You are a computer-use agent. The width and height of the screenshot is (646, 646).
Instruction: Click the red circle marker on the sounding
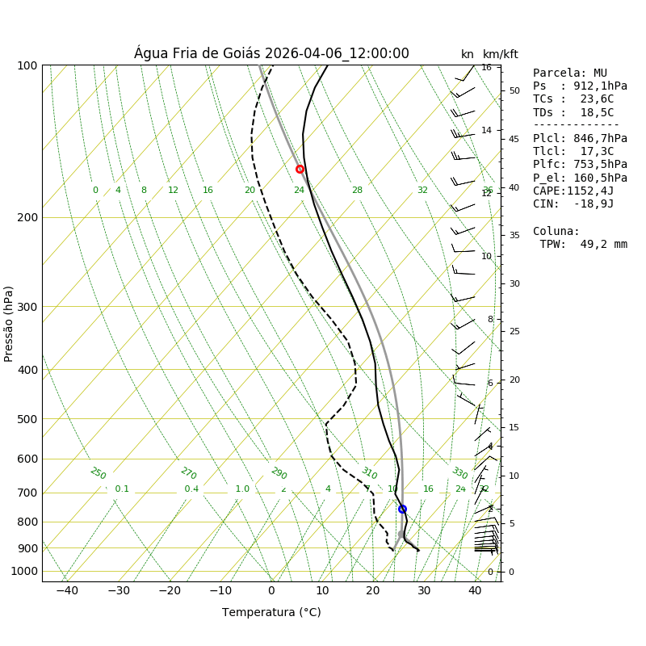[x=300, y=169]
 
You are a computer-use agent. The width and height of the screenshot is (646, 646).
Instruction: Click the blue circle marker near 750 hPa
[x=402, y=509]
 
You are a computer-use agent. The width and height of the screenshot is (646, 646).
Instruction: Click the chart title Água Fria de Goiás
[x=271, y=53]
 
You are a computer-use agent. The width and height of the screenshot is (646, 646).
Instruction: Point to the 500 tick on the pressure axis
[x=27, y=419]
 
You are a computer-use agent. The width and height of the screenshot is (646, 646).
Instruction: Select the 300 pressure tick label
[x=27, y=307]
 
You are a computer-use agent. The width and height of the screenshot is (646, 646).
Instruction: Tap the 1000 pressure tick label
[x=24, y=571]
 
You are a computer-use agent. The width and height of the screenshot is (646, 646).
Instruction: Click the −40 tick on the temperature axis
[x=67, y=590]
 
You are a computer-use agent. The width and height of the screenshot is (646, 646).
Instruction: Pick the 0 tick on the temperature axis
[x=271, y=590]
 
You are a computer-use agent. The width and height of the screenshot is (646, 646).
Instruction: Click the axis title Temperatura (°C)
[x=271, y=612]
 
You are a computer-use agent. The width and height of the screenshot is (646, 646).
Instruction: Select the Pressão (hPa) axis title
[x=9, y=323]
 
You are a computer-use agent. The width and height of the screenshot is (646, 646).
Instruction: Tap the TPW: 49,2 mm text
[x=583, y=244]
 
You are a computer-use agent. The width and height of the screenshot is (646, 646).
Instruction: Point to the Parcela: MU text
[x=570, y=73]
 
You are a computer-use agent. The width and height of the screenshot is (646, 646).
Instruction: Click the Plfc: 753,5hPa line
[x=580, y=164]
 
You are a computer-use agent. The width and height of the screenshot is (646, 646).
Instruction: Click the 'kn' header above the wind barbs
[x=468, y=54]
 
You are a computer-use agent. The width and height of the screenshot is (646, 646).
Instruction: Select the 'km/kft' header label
[x=501, y=54]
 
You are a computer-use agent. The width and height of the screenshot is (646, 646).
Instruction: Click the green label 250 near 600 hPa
[x=98, y=473]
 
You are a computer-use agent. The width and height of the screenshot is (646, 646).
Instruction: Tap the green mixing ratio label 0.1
[x=122, y=489]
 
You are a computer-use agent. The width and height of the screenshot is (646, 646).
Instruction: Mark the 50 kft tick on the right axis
[x=514, y=90]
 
